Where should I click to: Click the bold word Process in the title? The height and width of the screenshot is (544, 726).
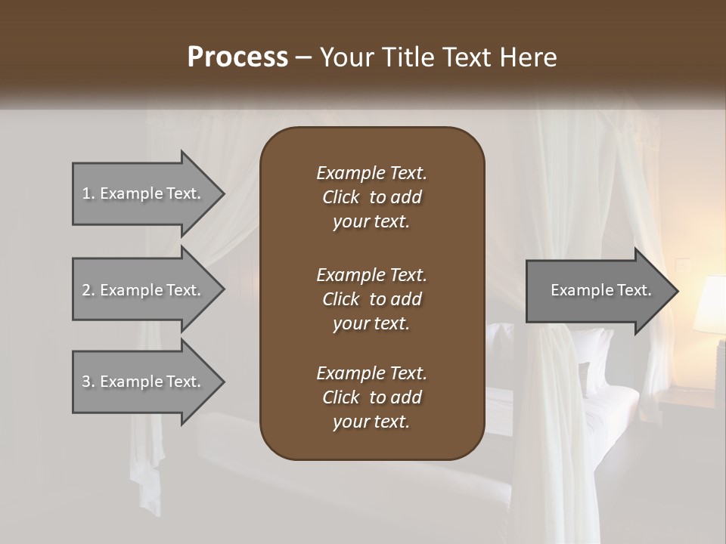237,57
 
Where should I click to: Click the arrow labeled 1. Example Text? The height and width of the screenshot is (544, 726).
144,193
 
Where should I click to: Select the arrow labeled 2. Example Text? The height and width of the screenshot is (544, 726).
144,290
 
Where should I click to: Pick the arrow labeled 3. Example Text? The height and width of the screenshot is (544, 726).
144,382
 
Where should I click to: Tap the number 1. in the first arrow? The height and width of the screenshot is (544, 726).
88,193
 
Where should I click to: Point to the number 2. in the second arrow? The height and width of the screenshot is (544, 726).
88,290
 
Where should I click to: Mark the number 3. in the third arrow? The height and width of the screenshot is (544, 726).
88,382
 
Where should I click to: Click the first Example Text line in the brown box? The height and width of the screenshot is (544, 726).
371,173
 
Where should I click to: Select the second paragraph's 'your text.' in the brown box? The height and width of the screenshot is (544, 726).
371,323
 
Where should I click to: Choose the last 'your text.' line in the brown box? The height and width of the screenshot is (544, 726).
371,422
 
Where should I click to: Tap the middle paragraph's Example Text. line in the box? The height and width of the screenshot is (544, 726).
371,275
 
